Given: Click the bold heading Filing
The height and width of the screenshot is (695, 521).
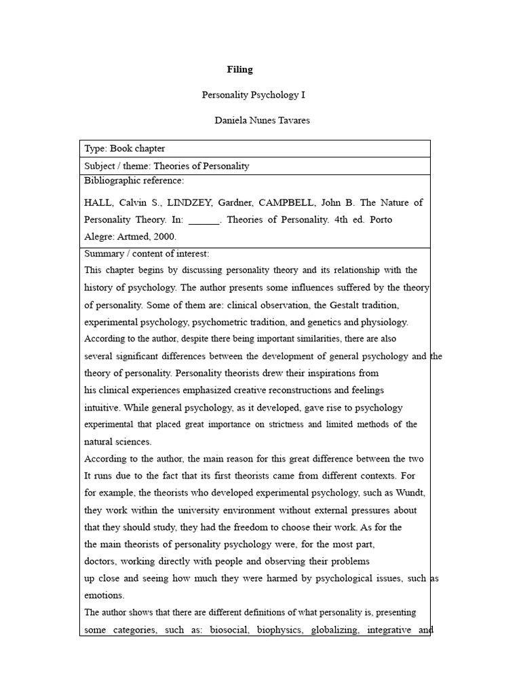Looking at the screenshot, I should coord(239,69).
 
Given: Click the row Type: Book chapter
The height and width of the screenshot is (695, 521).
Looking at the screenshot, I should coord(125,149).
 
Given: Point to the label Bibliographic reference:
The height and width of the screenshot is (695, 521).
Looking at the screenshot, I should coord(134,181).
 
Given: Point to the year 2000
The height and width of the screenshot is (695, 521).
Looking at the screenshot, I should coord(165,237).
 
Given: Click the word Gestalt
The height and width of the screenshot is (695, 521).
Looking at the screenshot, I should coord(334,305).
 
